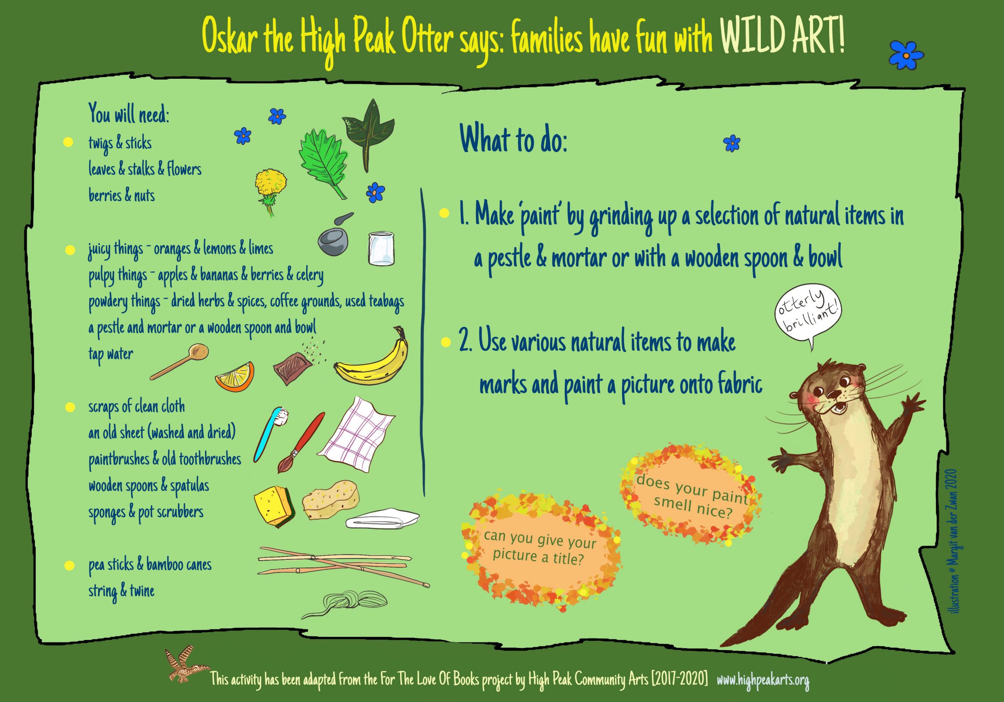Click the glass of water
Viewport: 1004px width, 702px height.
click(382, 248)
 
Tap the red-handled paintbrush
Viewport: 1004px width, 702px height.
click(302, 442)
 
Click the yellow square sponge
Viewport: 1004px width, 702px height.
click(273, 507)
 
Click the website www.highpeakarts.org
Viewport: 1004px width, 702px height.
click(763, 680)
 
